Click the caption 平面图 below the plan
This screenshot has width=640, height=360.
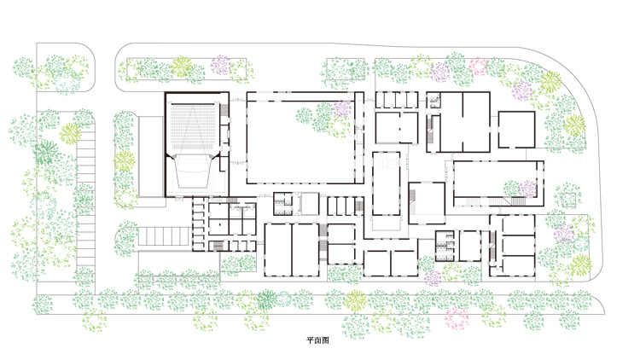[x=317, y=340]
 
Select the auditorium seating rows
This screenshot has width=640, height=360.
[x=193, y=125]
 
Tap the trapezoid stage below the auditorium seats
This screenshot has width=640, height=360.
[x=194, y=173]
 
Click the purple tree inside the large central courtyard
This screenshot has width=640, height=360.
[x=342, y=109]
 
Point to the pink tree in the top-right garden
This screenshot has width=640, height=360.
[x=479, y=67]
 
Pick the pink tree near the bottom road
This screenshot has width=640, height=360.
[x=457, y=318]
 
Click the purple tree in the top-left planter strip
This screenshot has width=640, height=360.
[x=221, y=66]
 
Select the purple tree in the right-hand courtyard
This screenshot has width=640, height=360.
[x=527, y=189]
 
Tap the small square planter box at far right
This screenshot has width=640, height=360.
[x=567, y=199]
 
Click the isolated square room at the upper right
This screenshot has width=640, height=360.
[x=516, y=130]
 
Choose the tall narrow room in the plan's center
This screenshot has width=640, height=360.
[x=386, y=183]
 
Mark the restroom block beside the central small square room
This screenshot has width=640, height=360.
[x=282, y=204]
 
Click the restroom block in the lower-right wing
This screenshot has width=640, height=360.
[x=445, y=246]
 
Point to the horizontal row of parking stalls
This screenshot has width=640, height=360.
[x=163, y=236]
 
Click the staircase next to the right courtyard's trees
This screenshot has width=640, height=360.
[x=518, y=201]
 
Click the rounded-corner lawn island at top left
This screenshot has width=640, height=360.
[x=66, y=67]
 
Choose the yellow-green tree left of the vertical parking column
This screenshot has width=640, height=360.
[x=71, y=133]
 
